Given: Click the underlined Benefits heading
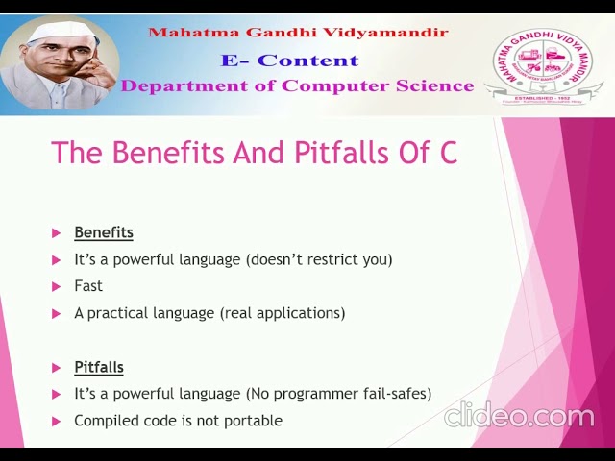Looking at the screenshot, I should [x=104, y=232].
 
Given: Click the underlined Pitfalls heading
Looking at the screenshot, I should [x=99, y=367].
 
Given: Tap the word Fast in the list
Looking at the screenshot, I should [x=88, y=286].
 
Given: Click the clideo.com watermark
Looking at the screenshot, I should [x=519, y=416].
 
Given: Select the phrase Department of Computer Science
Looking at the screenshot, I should [x=297, y=85].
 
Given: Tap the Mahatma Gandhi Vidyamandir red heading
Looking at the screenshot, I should [x=298, y=33].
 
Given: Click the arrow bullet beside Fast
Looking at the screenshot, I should [x=56, y=286].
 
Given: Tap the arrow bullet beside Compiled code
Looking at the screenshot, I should [x=56, y=421].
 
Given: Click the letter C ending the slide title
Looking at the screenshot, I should [x=448, y=153].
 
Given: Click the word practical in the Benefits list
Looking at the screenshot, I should [x=117, y=313].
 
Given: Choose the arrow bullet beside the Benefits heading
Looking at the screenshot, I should [x=56, y=232].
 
